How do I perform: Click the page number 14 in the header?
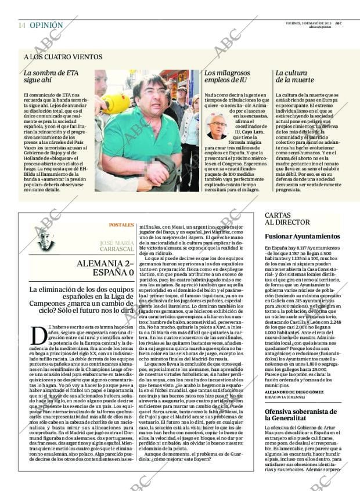coord(21,26)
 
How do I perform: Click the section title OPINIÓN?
coord(46,26)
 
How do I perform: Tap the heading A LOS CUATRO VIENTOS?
coord(63,57)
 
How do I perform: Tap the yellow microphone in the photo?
coord(116,104)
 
